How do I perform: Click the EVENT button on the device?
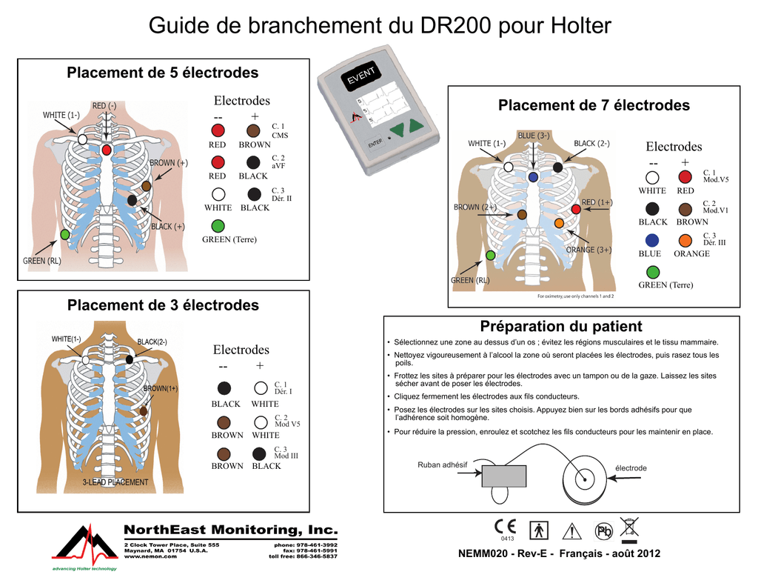[x=362, y=76]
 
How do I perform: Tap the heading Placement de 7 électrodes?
[x=594, y=106]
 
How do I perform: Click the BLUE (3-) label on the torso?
[x=533, y=136]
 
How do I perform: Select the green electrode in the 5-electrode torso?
[x=65, y=234]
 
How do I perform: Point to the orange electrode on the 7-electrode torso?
[x=559, y=223]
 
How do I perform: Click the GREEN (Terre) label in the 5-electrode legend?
[x=229, y=239]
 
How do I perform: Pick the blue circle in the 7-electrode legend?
[x=652, y=240]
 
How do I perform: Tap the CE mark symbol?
[x=506, y=527]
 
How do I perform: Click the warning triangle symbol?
[x=571, y=530]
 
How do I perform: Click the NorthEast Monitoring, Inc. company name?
[x=229, y=530]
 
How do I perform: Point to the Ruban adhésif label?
[x=443, y=465]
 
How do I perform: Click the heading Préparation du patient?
[x=561, y=327]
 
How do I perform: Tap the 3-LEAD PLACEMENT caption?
[x=115, y=482]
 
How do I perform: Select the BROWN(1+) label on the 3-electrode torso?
[x=161, y=388]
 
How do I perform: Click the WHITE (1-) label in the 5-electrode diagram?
[x=61, y=115]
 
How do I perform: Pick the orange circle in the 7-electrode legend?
[x=685, y=240]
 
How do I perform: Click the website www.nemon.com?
[x=150, y=556]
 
